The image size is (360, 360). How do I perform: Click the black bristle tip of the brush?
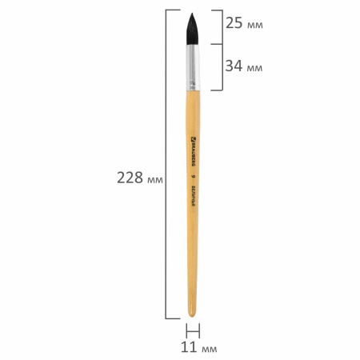point(194,29)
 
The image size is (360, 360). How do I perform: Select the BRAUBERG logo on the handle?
point(194,150)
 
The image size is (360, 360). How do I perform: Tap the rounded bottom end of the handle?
point(192,311)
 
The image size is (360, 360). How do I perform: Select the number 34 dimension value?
point(234,66)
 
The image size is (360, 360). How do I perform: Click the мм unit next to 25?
point(255,26)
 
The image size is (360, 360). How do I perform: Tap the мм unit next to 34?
point(255,67)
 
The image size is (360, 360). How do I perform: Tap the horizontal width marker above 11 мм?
point(192,330)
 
